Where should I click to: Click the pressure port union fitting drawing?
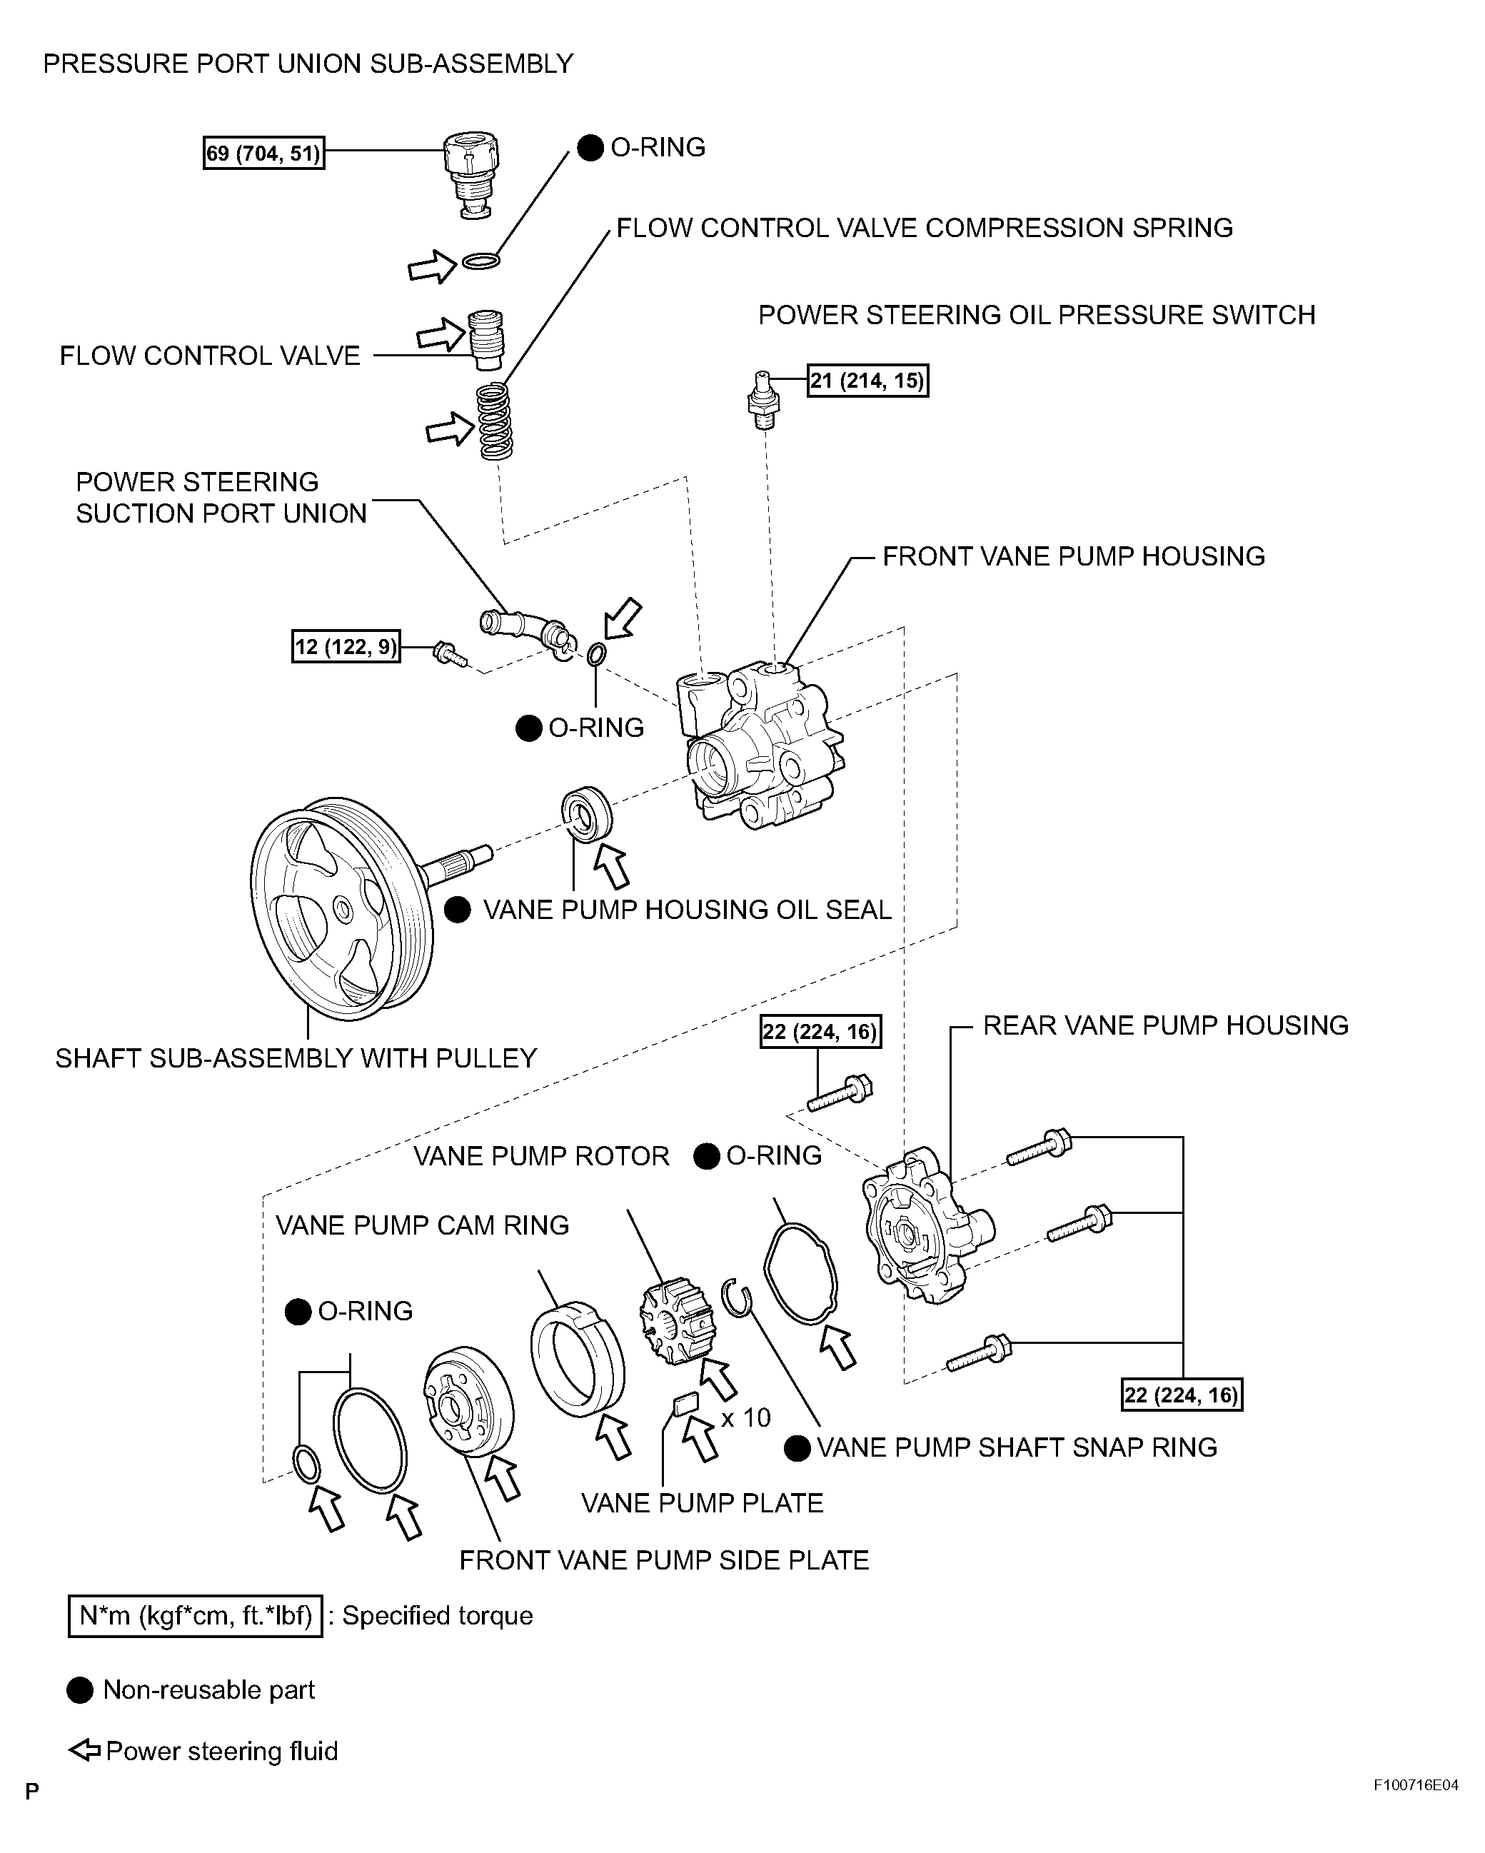[472, 176]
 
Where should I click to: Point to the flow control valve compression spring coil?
[495, 421]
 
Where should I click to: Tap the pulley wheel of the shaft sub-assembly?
[341, 908]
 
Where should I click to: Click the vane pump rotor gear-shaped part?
[678, 1320]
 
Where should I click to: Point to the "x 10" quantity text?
[745, 1417]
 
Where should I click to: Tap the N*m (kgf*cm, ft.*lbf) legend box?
[195, 1617]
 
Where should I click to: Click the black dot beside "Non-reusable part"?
[80, 1691]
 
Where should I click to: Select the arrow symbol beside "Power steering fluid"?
[84, 1751]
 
